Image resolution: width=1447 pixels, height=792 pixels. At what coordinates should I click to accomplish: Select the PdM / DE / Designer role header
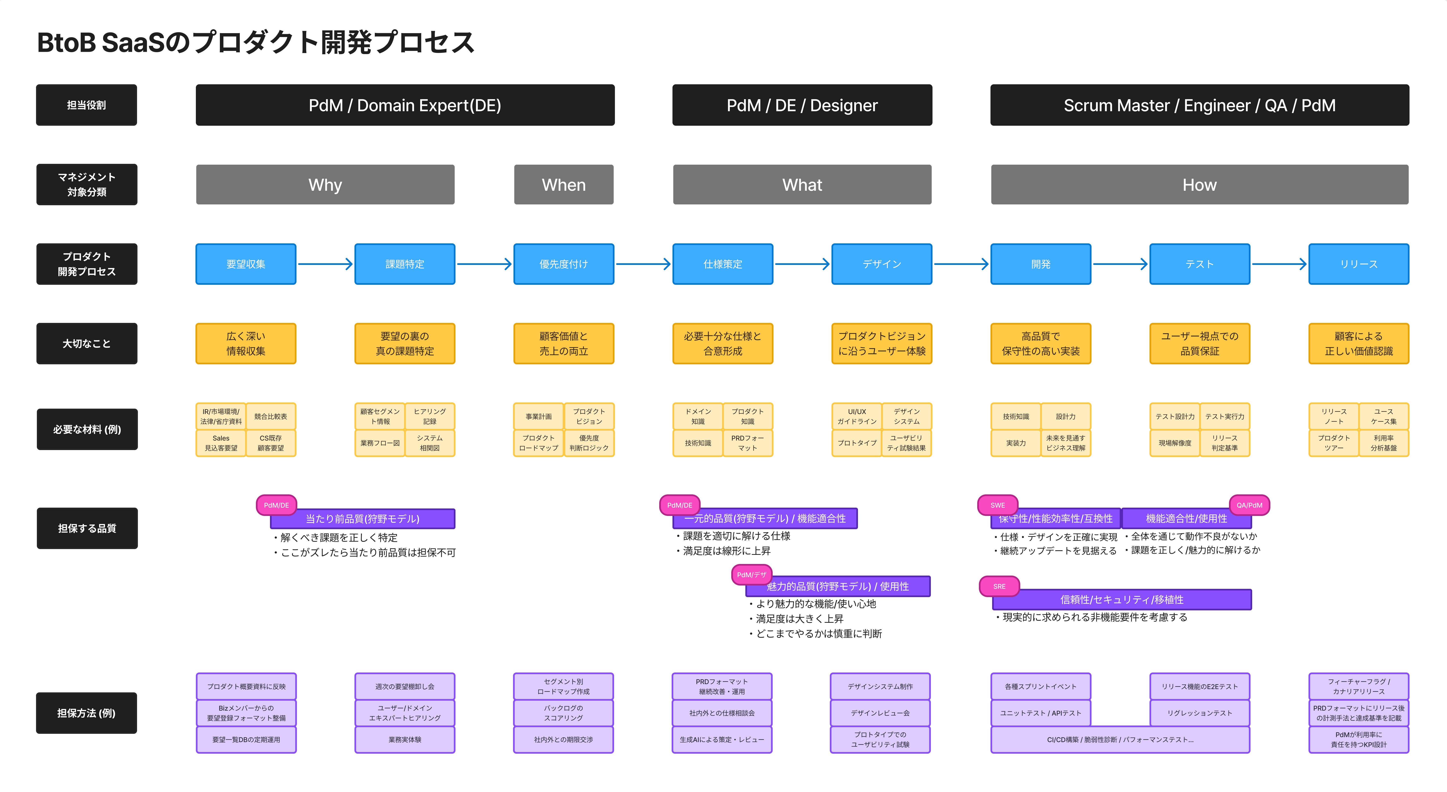tap(802, 105)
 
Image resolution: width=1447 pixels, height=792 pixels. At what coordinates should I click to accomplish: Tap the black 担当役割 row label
tap(87, 105)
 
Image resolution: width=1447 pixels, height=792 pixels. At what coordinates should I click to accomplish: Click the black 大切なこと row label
tap(87, 343)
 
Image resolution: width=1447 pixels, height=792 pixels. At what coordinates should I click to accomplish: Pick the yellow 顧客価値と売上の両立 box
tap(563, 343)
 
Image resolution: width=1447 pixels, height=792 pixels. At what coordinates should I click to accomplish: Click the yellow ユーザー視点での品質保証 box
tap(1199, 343)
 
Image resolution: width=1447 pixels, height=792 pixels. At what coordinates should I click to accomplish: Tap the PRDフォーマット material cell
tap(747, 443)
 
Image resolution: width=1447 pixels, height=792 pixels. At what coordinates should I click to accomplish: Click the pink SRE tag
tap(999, 586)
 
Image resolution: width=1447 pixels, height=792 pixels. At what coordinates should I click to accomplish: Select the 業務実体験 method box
tap(404, 740)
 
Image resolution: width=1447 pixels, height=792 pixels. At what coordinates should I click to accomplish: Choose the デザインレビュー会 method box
tap(880, 713)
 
